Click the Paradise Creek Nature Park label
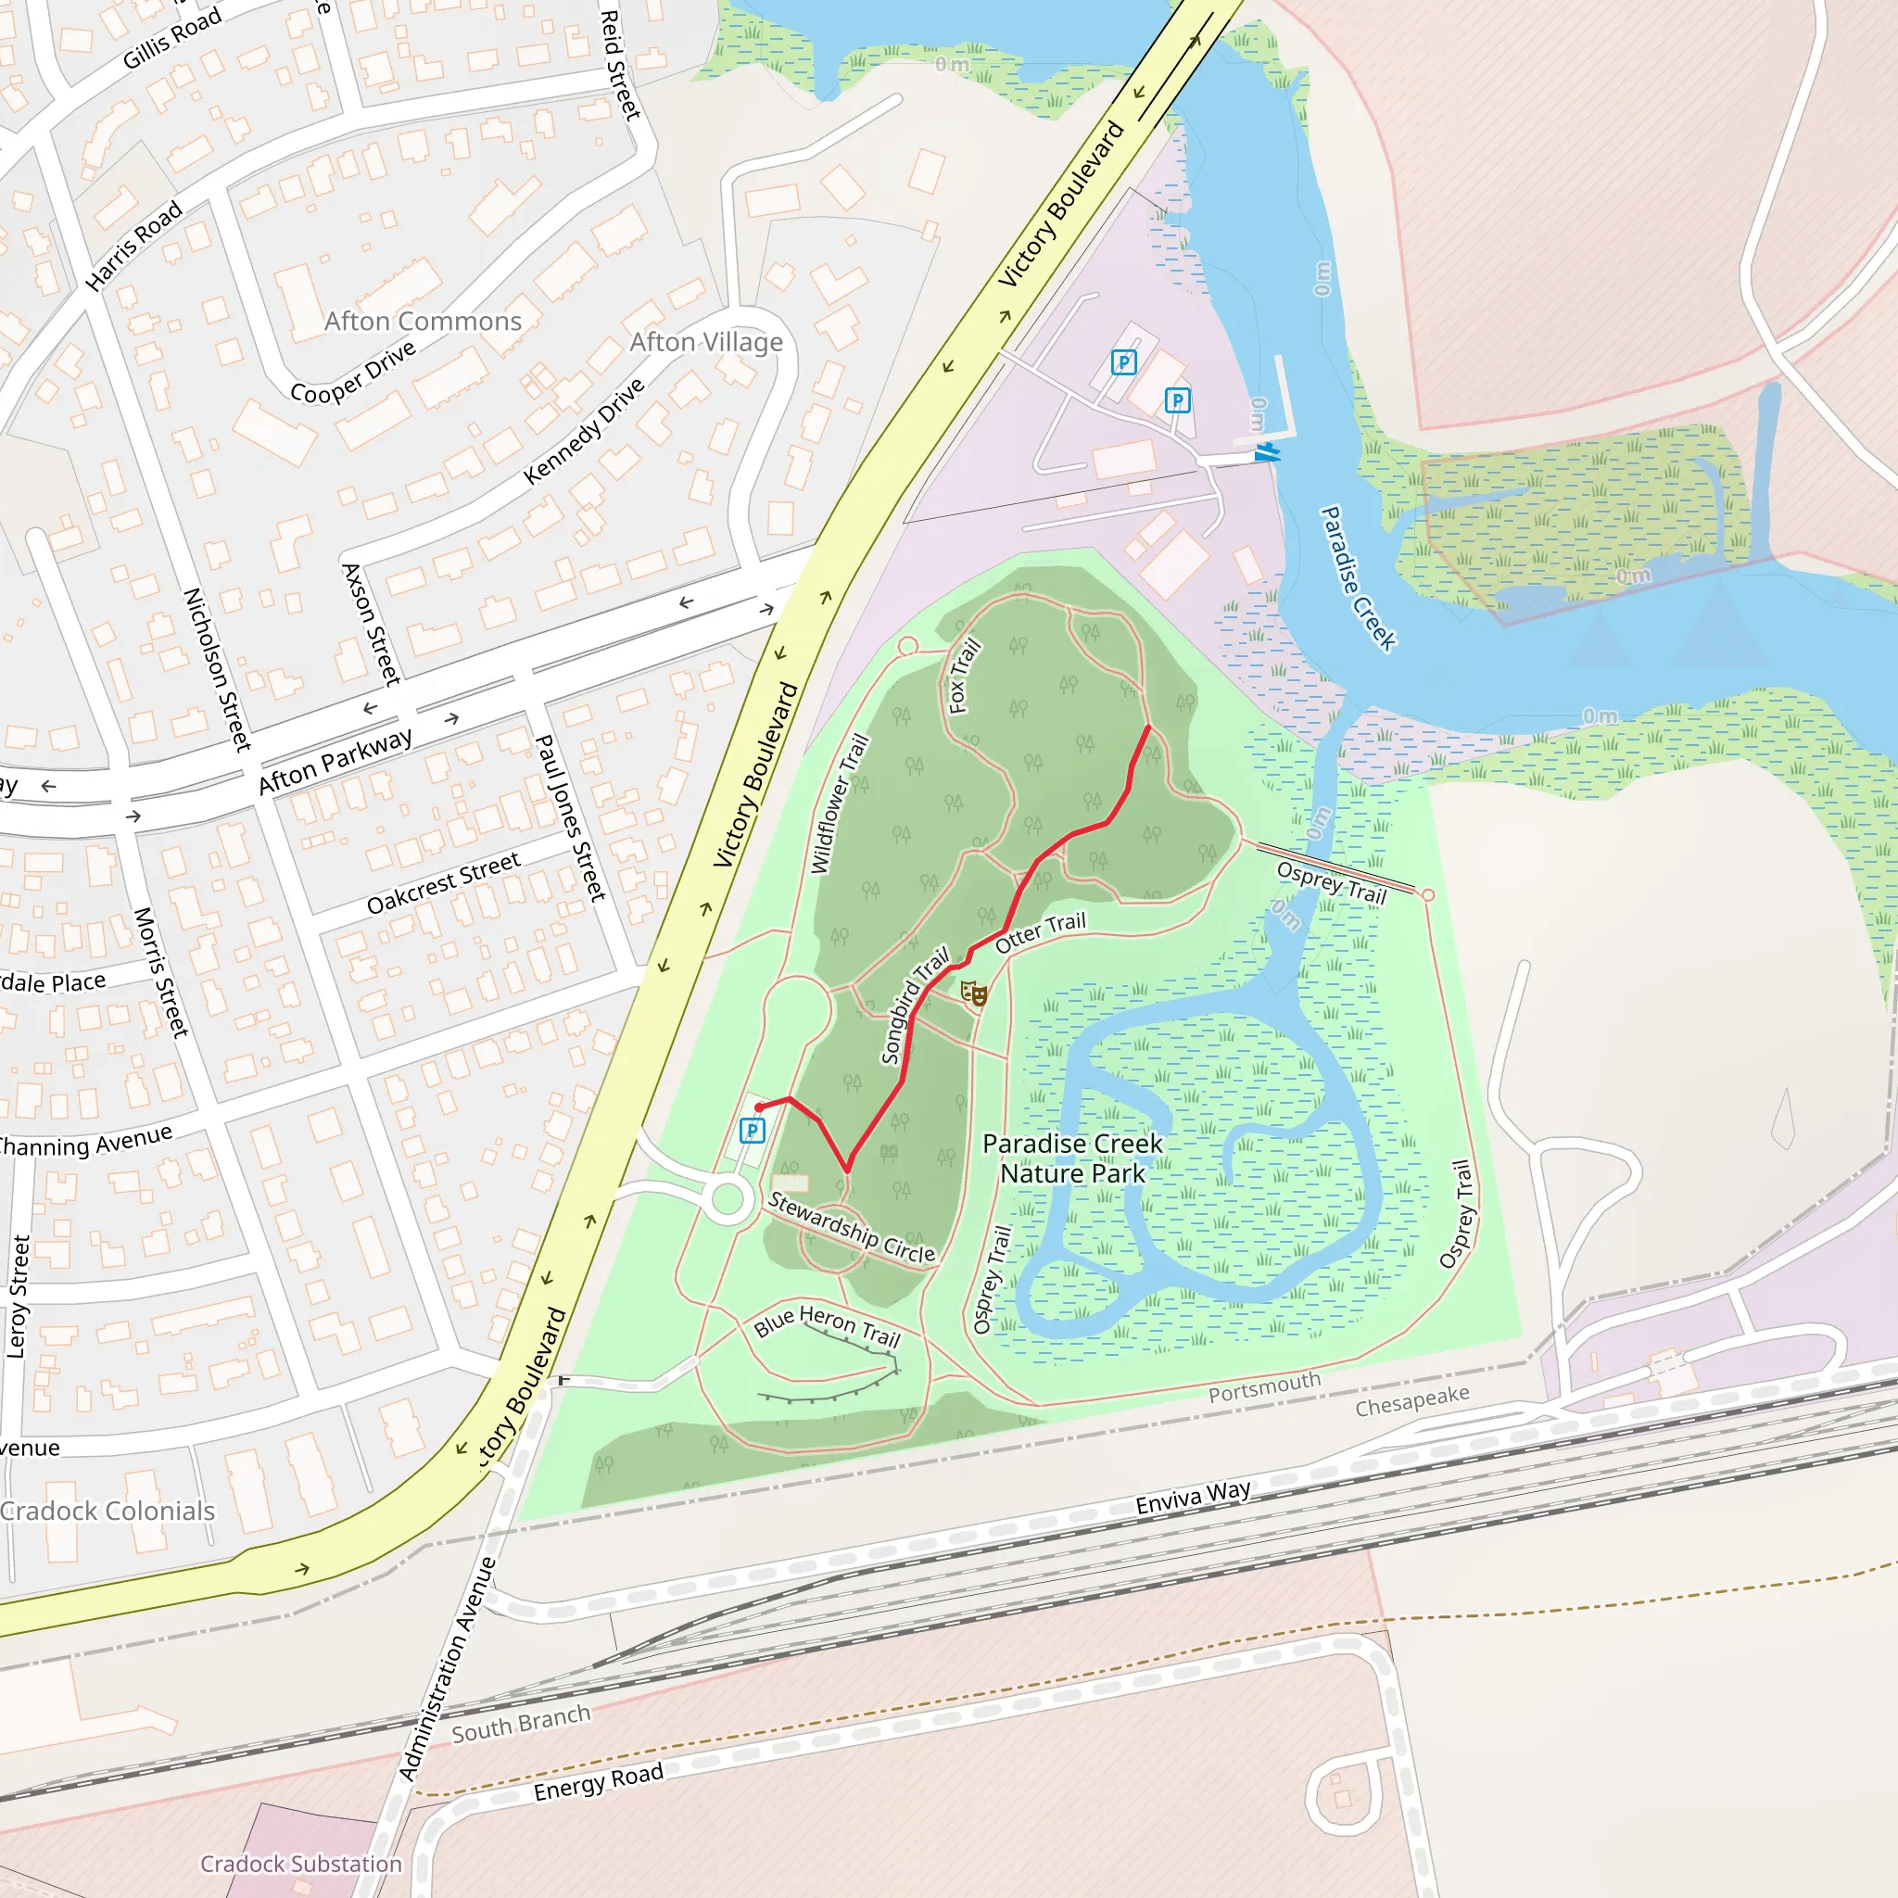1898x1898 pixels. click(x=1072, y=1158)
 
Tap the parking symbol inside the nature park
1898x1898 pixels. click(x=752, y=1131)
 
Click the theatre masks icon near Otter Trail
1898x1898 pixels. click(x=974, y=993)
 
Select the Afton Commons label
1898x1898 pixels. click(x=423, y=322)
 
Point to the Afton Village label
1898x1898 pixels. click(x=706, y=342)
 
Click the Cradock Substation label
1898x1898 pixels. click(x=300, y=1864)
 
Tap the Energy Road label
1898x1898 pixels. click(x=599, y=1782)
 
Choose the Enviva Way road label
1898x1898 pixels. click(x=1193, y=1498)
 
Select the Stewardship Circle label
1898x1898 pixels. click(x=851, y=1227)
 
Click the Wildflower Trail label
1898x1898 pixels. click(x=839, y=803)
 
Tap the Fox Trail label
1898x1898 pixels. click(x=964, y=676)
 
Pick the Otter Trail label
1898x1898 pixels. click(x=1041, y=931)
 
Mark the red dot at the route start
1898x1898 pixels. click(x=759, y=1107)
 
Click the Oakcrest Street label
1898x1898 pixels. click(x=443, y=883)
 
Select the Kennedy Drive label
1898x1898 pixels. click(x=584, y=431)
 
